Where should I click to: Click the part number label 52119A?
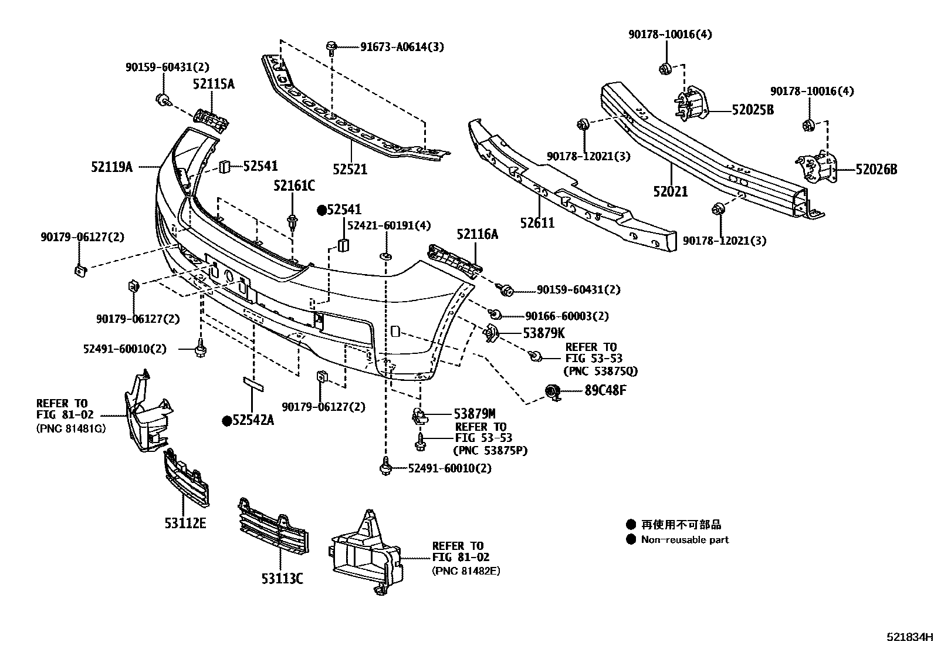[x=111, y=167]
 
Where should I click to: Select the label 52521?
[x=350, y=170]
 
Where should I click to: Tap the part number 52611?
[x=537, y=223]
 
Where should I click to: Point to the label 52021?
[x=670, y=191]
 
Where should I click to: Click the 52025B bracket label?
[x=752, y=110]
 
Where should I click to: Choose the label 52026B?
[x=876, y=170]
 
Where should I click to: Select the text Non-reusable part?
[x=685, y=540]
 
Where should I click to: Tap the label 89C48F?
[x=605, y=390]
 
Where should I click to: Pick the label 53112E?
[x=185, y=523]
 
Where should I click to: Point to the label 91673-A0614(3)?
[x=402, y=46]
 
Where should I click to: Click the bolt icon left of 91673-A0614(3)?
[x=331, y=46]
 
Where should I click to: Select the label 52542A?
[x=253, y=420]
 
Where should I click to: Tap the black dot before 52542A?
[x=226, y=420]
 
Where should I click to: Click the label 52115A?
[x=214, y=85]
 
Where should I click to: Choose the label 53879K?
[x=544, y=333]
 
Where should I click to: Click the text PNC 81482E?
[x=466, y=570]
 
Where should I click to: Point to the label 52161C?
[x=294, y=186]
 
